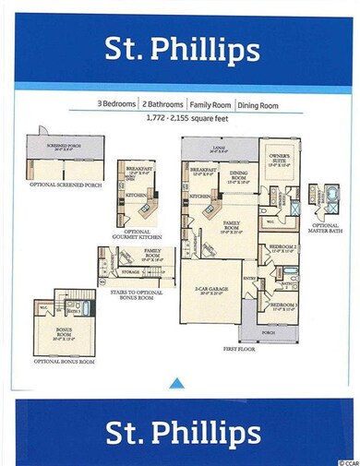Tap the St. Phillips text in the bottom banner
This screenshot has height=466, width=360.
[x=179, y=431]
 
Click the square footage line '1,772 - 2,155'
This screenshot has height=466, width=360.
[x=180, y=119]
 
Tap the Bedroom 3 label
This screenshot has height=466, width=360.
[x=283, y=305]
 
